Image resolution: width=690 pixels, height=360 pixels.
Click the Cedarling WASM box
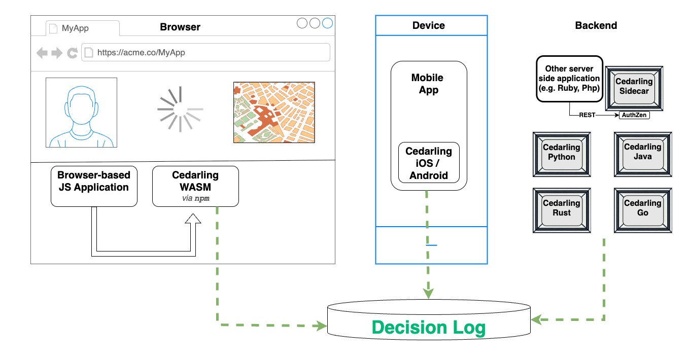click(x=195, y=186)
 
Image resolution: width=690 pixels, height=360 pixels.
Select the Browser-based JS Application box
click(x=94, y=186)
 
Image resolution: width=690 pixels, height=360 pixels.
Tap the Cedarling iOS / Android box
click(x=429, y=163)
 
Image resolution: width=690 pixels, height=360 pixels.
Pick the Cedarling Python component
click(x=562, y=154)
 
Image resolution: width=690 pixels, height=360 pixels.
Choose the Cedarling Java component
click(x=642, y=154)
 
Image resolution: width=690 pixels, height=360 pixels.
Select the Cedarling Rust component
click(x=562, y=210)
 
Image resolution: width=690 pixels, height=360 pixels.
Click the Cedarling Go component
click(x=642, y=210)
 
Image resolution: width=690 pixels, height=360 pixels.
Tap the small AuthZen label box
click(x=635, y=115)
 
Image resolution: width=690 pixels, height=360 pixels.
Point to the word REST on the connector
click(x=587, y=115)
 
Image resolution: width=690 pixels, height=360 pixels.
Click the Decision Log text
click(x=429, y=328)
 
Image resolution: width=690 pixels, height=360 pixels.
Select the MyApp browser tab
click(x=82, y=28)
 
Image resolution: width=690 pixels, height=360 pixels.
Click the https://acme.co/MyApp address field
click(x=205, y=52)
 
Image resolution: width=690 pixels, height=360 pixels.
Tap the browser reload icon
click(x=73, y=52)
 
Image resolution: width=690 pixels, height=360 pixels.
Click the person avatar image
click(x=81, y=112)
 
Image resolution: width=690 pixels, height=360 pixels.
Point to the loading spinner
click(x=180, y=109)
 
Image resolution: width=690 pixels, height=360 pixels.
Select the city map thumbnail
click(x=274, y=112)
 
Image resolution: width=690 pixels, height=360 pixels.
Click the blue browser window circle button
click(x=327, y=23)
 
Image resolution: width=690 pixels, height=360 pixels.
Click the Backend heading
click(x=596, y=25)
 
